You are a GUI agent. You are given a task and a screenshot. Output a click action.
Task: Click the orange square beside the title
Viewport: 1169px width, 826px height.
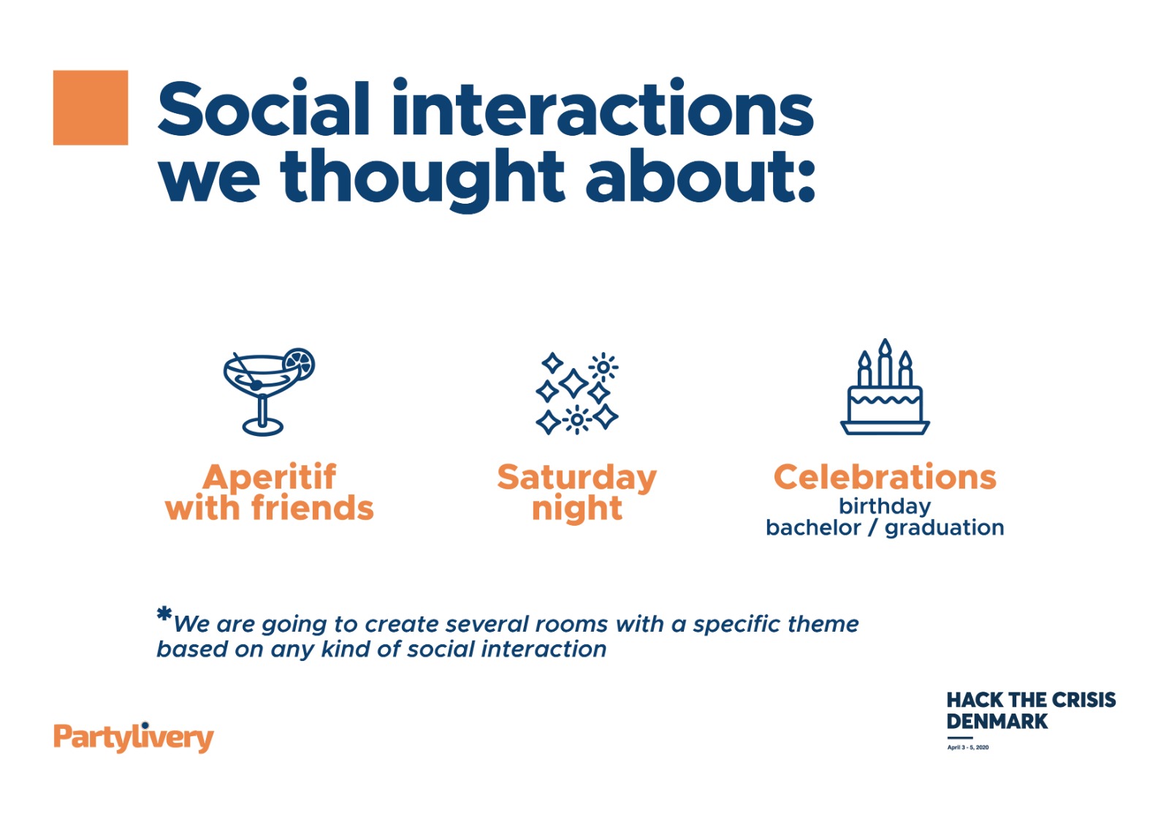click(91, 107)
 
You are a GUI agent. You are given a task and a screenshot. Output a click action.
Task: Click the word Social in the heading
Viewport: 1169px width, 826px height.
click(264, 109)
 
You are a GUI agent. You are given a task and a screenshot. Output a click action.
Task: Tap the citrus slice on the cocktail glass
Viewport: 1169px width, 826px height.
click(299, 363)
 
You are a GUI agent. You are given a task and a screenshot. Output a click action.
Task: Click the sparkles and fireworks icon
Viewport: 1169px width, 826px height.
click(576, 394)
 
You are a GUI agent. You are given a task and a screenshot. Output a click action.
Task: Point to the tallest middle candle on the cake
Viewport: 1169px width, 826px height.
click(885, 362)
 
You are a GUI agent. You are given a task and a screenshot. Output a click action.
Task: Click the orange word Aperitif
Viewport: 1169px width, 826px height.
click(270, 477)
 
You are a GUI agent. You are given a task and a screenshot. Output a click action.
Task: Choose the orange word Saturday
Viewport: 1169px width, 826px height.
click(576, 478)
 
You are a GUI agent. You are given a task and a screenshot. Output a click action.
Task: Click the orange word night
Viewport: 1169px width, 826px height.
click(576, 509)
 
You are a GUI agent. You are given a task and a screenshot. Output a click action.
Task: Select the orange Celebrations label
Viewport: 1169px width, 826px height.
click(885, 477)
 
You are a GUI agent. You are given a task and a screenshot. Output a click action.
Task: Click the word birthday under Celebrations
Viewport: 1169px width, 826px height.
click(885, 507)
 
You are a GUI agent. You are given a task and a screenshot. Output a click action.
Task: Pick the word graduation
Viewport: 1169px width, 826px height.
click(944, 528)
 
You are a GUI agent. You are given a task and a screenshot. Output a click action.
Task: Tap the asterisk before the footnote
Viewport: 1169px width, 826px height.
click(164, 613)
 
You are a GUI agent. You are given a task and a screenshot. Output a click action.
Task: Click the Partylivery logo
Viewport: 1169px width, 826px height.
click(134, 737)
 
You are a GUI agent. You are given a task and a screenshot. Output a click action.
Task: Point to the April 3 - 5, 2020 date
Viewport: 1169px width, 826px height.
click(967, 747)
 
